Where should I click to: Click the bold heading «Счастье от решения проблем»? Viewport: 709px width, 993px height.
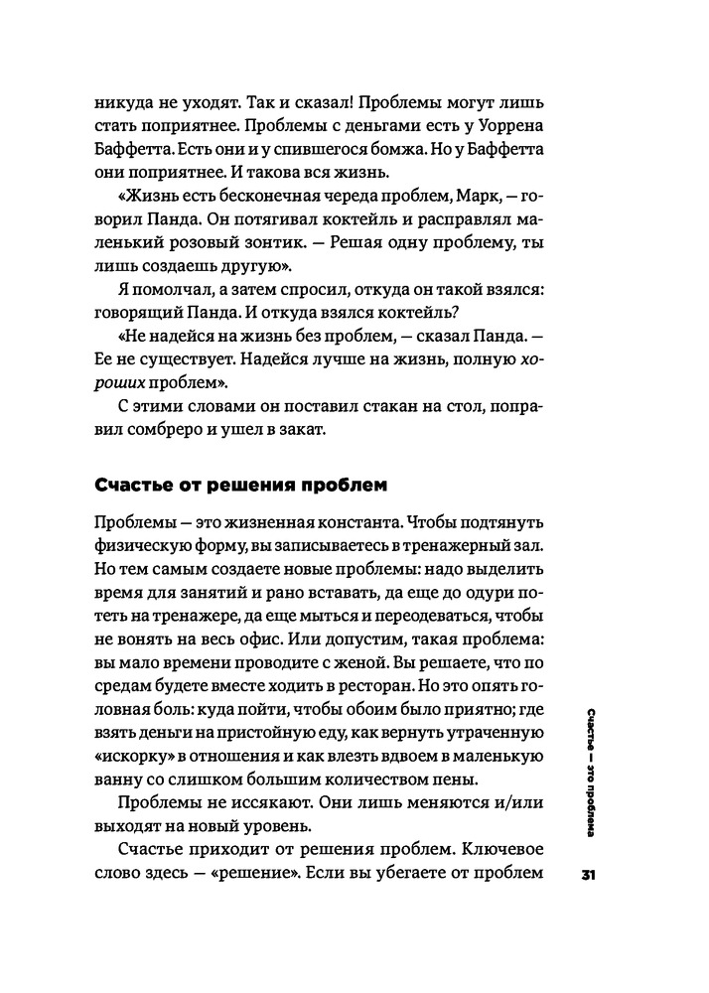[x=238, y=487]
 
